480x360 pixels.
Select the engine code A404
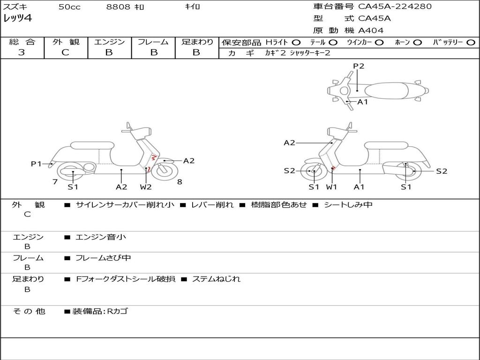[x=371, y=30]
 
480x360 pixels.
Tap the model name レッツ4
[x=17, y=19]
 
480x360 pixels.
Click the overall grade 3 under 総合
[x=22, y=52]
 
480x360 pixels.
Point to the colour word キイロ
[x=192, y=7]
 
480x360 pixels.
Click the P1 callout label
[x=36, y=164]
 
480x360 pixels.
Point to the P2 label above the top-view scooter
[x=359, y=66]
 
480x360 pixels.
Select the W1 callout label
[x=331, y=187]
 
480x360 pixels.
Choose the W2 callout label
[x=146, y=187]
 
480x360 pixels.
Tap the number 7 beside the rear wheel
[x=55, y=181]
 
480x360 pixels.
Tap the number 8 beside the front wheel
[x=180, y=181]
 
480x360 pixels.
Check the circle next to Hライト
[x=296, y=42]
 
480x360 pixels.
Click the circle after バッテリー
[x=471, y=42]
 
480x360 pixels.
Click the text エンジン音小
[x=101, y=237]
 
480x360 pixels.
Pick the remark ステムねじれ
[x=216, y=279]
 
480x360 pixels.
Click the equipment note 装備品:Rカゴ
[x=100, y=311]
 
